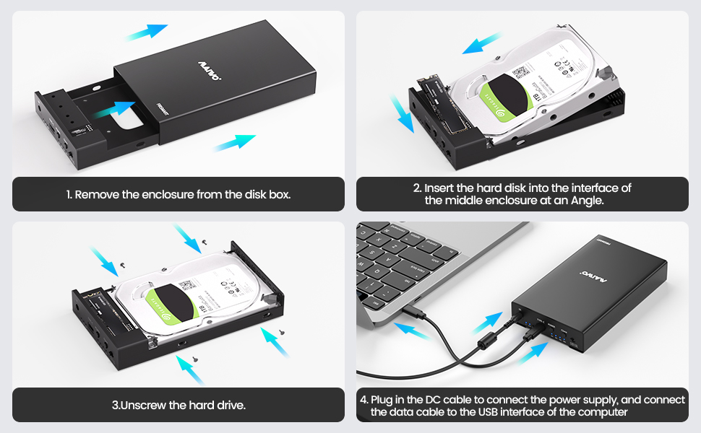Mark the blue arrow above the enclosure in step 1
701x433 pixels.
(x=146, y=31)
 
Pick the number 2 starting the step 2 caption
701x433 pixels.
(x=417, y=188)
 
